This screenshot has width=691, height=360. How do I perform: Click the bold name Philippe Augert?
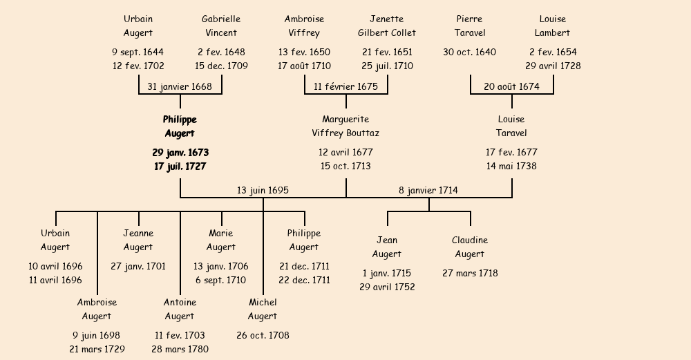coord(180,126)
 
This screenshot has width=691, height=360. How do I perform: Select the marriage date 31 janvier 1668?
coord(180,86)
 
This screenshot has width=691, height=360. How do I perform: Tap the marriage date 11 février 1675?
coord(345,86)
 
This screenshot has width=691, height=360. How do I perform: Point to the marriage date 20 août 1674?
coord(511,86)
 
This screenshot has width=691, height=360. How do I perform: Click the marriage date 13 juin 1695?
coord(263,190)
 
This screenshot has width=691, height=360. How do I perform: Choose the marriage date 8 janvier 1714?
coord(428,190)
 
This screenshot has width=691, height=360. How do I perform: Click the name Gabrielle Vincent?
coord(221,26)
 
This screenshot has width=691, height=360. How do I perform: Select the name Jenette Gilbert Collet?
coord(387,26)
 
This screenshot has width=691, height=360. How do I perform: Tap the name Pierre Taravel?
coord(470,26)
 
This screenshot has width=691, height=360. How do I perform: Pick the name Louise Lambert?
coord(553,26)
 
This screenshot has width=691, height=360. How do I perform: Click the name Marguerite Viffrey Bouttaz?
coord(345,126)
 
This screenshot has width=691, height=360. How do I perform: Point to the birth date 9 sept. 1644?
coord(138,52)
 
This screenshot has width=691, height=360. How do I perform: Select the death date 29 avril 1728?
coord(553,66)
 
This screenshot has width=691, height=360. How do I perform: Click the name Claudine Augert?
coord(470,247)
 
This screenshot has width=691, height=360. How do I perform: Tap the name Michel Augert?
coord(263,309)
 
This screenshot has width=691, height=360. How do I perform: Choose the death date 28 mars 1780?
coord(180,350)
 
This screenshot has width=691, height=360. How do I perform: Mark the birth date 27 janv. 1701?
coord(138,266)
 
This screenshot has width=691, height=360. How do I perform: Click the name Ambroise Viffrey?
coord(304,26)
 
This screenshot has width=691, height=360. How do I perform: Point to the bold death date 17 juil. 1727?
coord(180,167)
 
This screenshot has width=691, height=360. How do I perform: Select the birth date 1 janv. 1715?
coord(387,273)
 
